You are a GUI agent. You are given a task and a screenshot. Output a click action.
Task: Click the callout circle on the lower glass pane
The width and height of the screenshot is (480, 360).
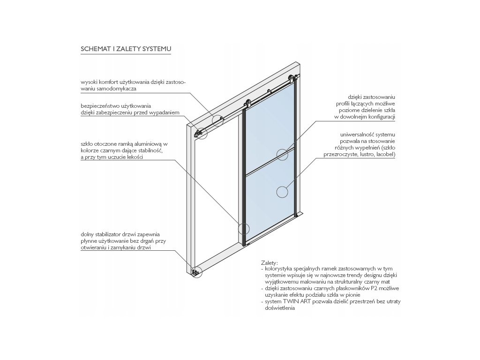[282, 191]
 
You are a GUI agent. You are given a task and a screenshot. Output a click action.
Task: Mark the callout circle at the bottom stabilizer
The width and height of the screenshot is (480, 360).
[196, 271]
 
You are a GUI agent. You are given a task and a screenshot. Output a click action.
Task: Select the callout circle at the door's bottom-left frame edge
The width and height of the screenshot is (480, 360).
[244, 229]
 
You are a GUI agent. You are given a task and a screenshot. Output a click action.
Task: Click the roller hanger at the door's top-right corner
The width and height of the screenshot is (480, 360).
[292, 78]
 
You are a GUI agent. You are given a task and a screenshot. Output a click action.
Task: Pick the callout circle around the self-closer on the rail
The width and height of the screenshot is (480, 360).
[217, 120]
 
